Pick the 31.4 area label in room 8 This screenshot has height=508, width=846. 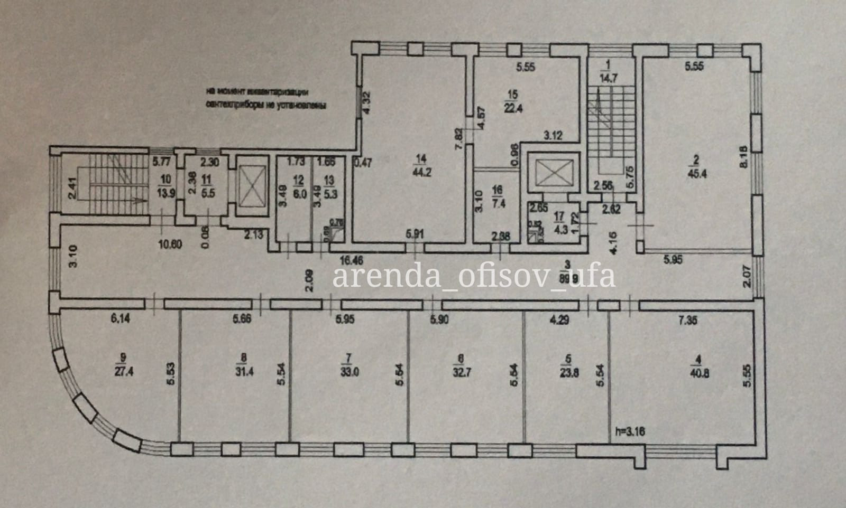click(243, 371)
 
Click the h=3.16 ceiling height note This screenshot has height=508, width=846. click(631, 431)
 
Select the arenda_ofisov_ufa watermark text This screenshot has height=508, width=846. click(474, 276)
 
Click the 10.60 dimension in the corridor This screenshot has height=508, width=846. click(171, 243)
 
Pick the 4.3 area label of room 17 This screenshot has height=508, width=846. click(558, 229)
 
